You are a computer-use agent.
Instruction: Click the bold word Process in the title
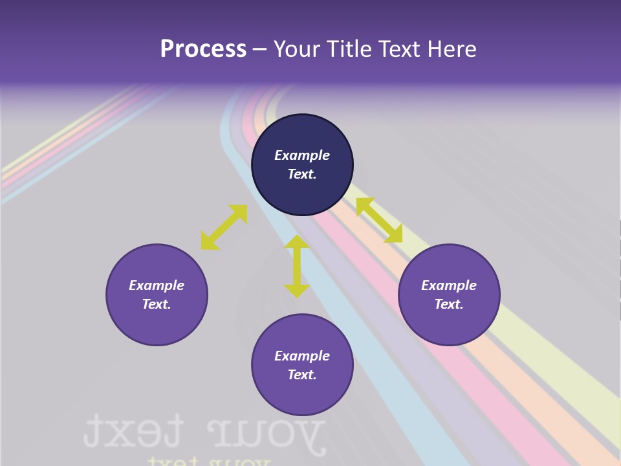coord(203,49)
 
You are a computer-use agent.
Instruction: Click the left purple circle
coord(157,324)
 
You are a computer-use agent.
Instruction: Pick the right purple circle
coord(449,324)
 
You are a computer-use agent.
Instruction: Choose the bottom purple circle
coord(302,395)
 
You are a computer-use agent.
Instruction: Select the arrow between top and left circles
coord(224,227)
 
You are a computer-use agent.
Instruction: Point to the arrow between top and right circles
coord(379,220)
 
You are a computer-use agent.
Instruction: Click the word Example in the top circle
coord(302,155)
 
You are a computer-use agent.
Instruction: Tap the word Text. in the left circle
coord(157,304)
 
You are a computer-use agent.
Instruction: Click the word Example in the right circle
coord(449,285)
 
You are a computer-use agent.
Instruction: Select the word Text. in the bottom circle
coord(302,375)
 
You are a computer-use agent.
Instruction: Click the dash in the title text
coord(260,49)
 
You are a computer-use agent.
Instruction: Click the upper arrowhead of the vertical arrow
coord(297,243)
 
